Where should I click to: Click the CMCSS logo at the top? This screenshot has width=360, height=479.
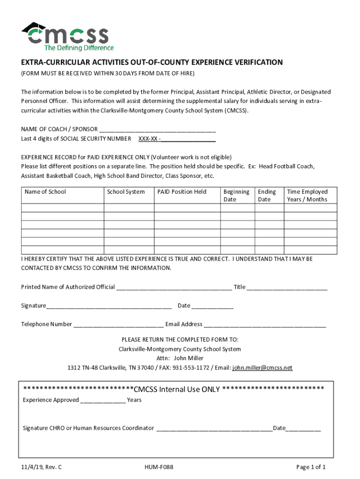click(65, 34)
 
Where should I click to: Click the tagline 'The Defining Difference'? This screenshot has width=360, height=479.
click(79, 48)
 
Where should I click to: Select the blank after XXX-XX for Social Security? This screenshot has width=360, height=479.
click(189, 139)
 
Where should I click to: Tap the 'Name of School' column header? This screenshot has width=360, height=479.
click(45, 192)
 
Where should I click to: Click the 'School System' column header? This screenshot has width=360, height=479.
click(126, 192)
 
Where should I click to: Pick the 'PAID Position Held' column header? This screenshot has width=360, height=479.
click(182, 192)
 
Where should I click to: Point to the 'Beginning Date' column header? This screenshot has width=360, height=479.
click(236, 196)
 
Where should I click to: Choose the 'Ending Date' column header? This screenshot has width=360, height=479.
click(267, 196)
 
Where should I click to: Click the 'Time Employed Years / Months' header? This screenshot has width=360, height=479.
click(307, 196)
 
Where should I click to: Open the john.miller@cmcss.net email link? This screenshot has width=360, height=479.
click(262, 368)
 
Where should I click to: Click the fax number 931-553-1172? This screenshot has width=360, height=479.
click(191, 368)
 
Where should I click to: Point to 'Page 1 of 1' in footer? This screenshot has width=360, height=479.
click(311, 467)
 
